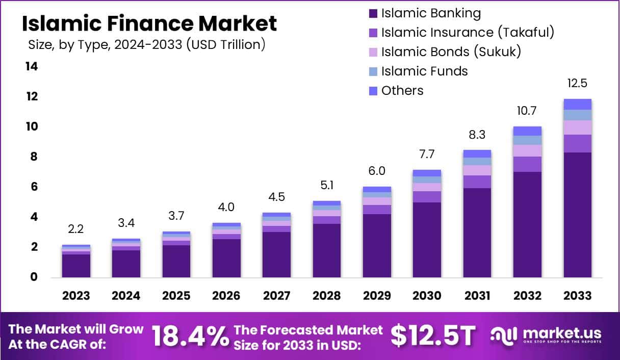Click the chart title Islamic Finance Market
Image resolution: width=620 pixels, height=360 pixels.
coord(149,24)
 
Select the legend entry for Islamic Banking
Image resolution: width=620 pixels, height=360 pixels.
coord(431,13)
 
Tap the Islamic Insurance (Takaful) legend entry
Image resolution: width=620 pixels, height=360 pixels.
coord(467,33)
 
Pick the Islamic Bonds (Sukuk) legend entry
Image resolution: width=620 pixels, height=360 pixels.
coord(451,52)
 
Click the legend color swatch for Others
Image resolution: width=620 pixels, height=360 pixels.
coord(373,91)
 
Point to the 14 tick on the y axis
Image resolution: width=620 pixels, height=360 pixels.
coord(32,67)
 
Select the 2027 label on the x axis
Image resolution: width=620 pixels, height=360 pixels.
coord(276,296)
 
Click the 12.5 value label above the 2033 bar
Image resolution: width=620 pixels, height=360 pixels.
coord(577,84)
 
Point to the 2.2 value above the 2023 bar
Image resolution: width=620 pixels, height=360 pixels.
coord(76,229)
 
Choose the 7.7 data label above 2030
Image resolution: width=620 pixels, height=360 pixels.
coord(427,155)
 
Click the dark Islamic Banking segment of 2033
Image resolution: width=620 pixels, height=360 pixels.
coord(577,214)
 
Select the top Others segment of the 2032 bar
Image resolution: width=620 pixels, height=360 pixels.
coord(527,131)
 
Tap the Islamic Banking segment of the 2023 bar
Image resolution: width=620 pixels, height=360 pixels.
coord(76,266)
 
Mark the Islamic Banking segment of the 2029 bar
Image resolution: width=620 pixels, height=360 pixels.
coord(377,245)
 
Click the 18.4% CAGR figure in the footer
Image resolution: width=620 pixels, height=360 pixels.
coord(190,337)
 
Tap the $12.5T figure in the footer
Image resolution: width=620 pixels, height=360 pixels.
coord(433,336)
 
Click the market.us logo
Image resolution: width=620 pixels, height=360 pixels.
coord(546,336)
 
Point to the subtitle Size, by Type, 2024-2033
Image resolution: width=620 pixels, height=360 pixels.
coord(147,45)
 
